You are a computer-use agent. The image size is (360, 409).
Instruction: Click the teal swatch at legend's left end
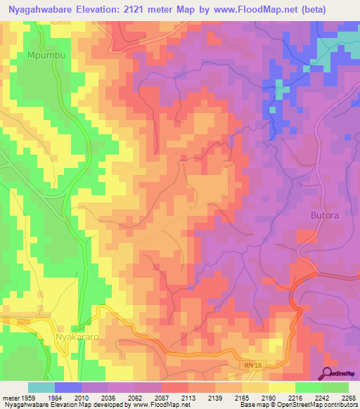click(41, 387)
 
